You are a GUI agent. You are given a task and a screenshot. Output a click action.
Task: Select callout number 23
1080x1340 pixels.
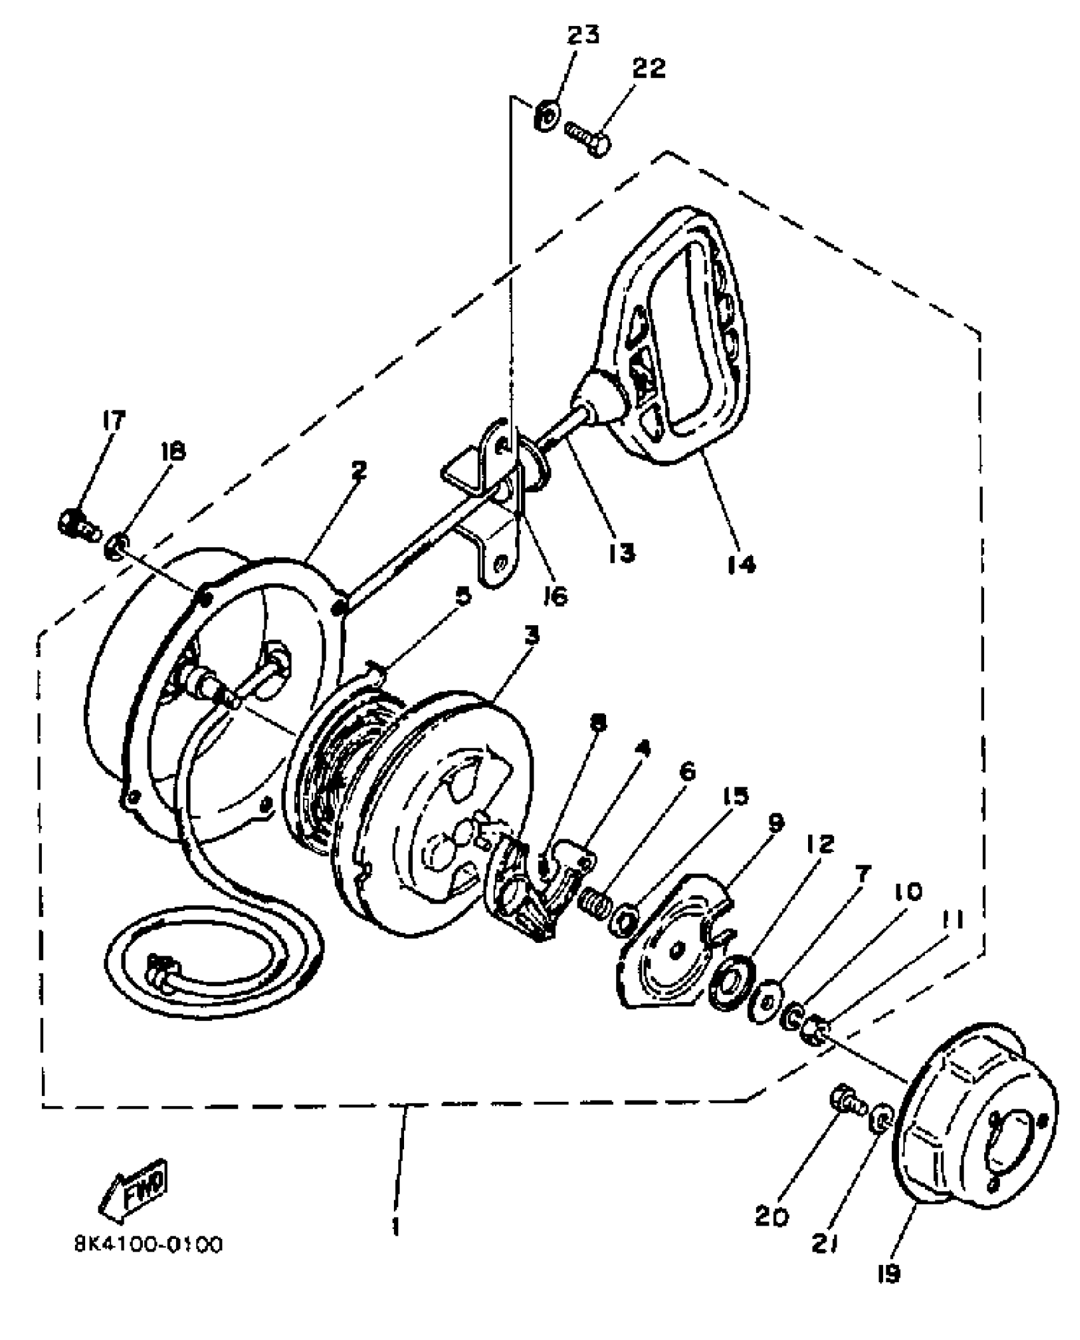[583, 35]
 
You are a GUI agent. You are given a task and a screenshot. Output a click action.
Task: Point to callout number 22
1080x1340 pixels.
[648, 69]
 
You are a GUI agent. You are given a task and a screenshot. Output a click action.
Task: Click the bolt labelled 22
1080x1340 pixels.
[588, 137]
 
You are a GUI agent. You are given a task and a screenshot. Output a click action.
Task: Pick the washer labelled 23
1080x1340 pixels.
[546, 117]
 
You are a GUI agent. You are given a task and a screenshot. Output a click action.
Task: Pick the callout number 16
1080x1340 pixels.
[555, 596]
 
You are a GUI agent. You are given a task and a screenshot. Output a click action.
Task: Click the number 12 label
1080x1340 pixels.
[820, 844]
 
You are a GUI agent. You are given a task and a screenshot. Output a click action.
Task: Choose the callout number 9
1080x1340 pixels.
[775, 822]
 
